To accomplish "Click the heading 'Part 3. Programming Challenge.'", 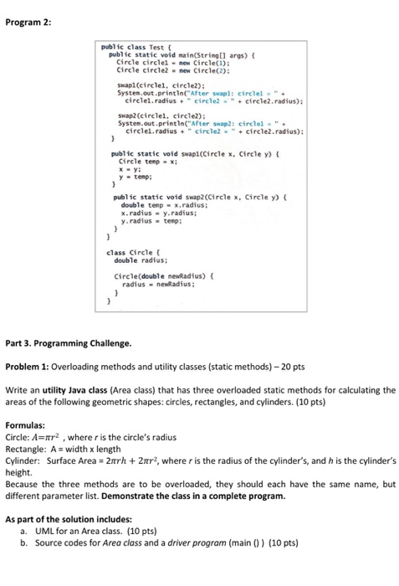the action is tap(69, 342).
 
